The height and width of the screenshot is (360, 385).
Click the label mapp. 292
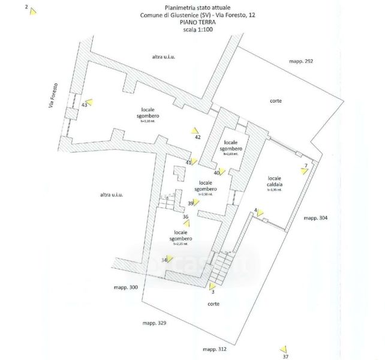(x=301, y=61)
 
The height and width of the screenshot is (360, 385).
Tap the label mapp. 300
(x=125, y=287)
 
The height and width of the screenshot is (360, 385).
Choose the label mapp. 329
(x=154, y=324)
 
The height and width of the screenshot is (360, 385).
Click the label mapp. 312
(x=214, y=349)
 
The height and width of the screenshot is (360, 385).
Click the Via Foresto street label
(x=53, y=95)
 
